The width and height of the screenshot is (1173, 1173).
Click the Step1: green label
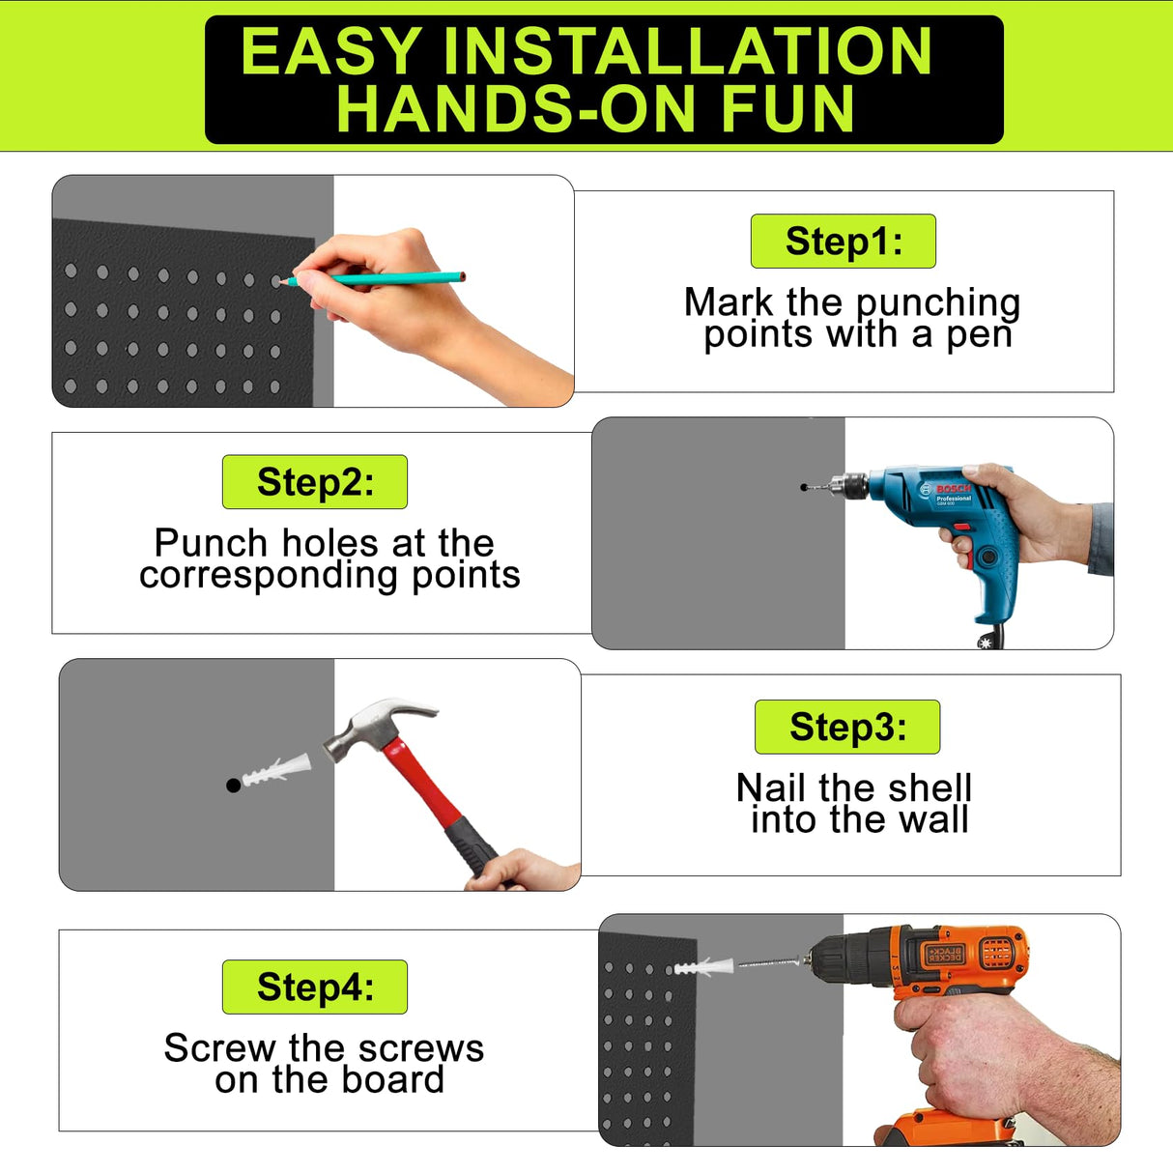point(843,242)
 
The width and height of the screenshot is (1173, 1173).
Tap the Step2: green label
point(314,482)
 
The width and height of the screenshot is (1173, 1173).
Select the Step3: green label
point(846,727)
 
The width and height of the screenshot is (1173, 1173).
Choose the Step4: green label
point(314,987)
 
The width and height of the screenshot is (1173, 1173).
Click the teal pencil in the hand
point(386,278)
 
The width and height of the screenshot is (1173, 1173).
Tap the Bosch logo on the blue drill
point(952,489)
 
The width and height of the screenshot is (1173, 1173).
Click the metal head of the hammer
point(372,726)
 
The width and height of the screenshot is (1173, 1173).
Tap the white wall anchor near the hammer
point(276,772)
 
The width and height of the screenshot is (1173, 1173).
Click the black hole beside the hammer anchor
point(233,786)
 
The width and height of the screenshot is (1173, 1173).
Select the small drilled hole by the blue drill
point(804,487)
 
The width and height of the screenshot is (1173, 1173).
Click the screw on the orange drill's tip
point(768,963)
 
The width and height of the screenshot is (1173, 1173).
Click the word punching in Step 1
point(938,303)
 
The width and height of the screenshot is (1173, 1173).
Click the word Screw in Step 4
point(219,1048)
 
